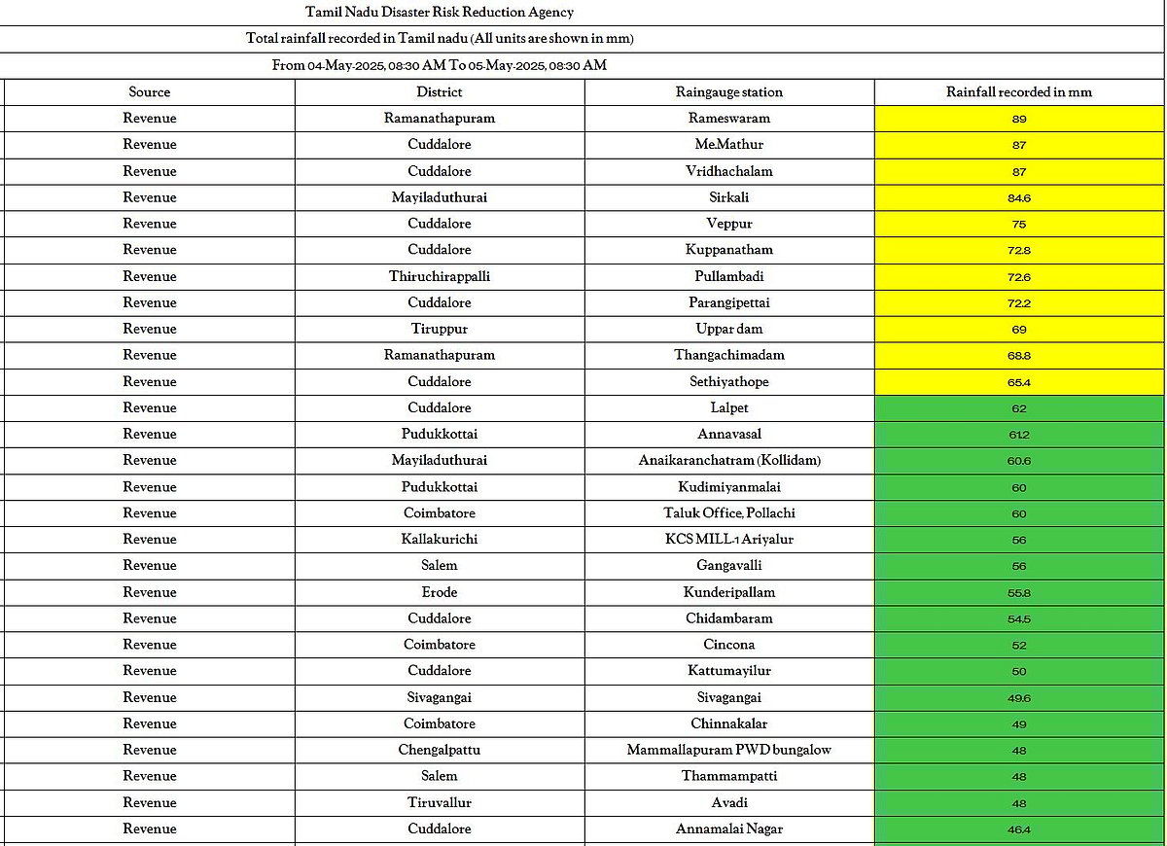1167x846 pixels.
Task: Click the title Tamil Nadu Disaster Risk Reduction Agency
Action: pos(440,13)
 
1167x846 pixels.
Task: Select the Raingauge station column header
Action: pos(729,92)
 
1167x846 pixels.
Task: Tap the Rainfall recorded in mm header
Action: pos(1019,92)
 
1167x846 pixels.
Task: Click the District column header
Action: pos(440,92)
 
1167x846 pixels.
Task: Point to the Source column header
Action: pos(150,92)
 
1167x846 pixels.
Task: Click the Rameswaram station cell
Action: pos(729,119)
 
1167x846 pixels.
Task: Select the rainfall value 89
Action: pos(1019,119)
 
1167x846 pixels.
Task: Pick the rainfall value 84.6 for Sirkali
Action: pos(1019,197)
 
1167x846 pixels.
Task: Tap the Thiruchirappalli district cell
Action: pos(440,276)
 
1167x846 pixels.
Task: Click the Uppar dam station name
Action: pos(729,329)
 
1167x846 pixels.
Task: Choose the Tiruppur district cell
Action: pos(440,329)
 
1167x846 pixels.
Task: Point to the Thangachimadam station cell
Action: pos(729,355)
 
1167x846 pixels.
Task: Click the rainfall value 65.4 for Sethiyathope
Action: pos(1019,382)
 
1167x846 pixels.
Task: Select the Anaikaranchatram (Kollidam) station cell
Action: pos(729,460)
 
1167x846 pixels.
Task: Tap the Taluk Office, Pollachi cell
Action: pos(729,512)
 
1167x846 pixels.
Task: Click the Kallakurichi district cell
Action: pos(440,539)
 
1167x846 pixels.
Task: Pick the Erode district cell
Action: pos(440,592)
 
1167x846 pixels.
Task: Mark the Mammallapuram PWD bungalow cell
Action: pos(729,750)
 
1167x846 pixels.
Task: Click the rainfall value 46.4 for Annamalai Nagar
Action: pos(1019,829)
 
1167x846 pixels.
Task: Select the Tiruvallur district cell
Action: pos(440,802)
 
